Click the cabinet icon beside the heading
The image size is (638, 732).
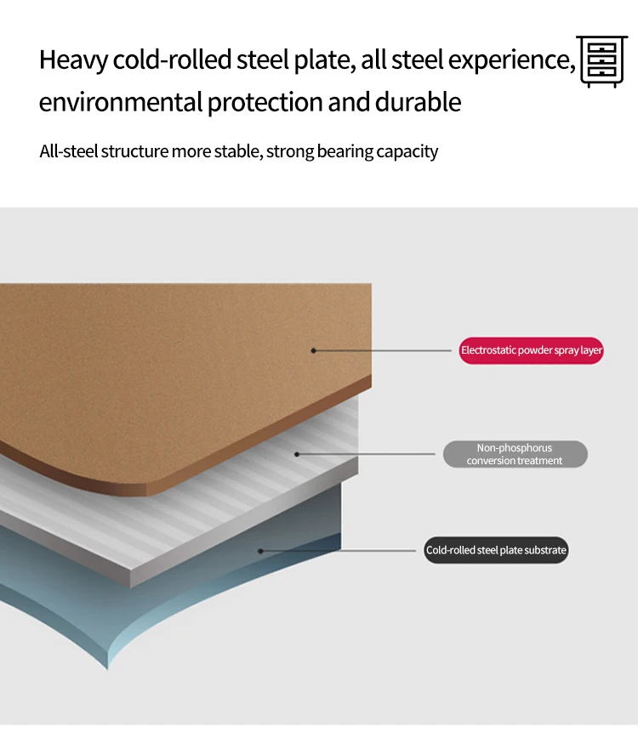point(601,61)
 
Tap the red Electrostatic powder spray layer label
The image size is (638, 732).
point(531,350)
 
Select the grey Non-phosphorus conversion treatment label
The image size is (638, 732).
point(515,454)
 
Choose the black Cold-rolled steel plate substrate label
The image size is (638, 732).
point(496,550)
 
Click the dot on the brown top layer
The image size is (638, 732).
point(313,350)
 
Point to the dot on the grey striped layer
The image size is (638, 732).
point(297,454)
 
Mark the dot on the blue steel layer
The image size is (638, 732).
point(260,551)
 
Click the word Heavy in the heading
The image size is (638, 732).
point(74,61)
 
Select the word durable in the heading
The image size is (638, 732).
point(419,103)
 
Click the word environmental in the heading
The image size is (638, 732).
point(120,103)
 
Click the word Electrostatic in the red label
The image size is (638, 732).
point(488,350)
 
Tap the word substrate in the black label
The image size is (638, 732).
point(546,550)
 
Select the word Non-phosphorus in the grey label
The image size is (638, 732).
point(515,448)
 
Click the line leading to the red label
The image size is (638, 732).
point(383,350)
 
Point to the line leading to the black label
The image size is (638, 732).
point(340,551)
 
